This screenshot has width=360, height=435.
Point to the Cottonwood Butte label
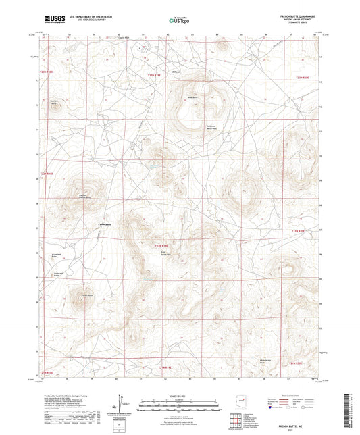[x=59, y=274]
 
